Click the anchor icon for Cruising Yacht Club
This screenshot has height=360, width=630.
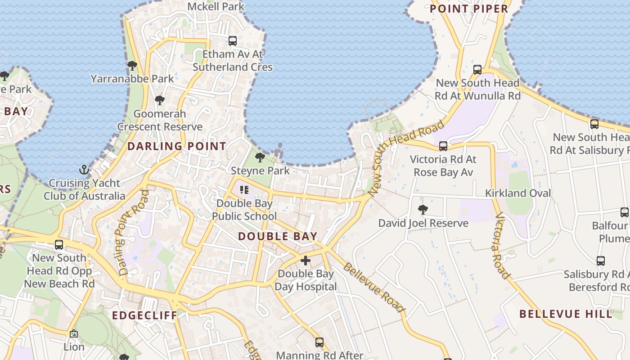84,170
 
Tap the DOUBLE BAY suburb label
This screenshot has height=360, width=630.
278,236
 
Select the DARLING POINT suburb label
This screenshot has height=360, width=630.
176,146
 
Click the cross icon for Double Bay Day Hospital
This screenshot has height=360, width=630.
306,260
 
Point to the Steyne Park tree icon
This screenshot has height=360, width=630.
260,157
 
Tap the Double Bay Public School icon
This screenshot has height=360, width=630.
244,190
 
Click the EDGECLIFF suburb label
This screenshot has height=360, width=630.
145,315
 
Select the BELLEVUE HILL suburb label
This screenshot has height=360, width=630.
566,314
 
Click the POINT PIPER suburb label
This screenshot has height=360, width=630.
469,9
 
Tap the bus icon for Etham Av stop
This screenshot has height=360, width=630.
233,41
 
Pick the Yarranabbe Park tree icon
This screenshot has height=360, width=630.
132,66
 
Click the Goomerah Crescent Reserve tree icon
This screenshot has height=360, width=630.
159,100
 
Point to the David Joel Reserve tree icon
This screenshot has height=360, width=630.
423,209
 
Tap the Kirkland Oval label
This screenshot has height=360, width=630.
517,193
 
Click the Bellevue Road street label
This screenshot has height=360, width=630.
373,288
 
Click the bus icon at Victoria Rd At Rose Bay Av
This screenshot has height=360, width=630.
443,146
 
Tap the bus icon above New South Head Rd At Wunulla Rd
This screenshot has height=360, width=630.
477,70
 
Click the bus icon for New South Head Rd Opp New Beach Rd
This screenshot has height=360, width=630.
59,245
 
